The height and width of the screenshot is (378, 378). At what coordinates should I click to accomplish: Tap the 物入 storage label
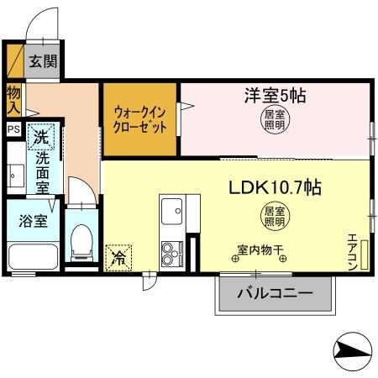coord(13,99)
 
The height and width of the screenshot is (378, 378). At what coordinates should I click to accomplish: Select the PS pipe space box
coord(13,129)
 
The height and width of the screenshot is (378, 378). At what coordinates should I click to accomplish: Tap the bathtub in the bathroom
coord(31,257)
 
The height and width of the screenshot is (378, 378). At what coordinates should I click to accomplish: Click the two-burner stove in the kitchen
coord(173,252)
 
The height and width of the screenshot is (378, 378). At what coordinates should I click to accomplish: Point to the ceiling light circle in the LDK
coord(275,216)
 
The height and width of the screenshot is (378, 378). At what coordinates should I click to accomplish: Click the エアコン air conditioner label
coord(354,250)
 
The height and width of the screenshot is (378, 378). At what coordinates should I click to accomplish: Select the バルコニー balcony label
coord(274,294)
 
